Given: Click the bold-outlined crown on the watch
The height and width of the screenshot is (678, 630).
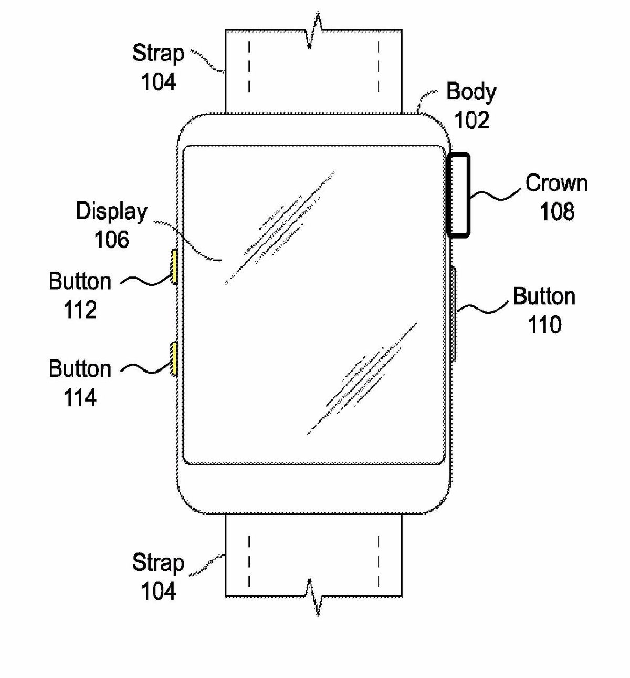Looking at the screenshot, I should (x=458, y=194).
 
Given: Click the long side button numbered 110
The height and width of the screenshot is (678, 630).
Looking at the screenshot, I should (x=453, y=314).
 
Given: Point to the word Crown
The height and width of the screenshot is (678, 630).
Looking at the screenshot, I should (x=556, y=183).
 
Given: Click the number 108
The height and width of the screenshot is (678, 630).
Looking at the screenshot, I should (x=556, y=211).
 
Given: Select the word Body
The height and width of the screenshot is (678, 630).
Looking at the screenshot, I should (x=471, y=92).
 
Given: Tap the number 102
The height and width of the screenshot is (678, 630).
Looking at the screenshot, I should (x=471, y=120).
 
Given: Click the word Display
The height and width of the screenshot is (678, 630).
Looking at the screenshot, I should (x=111, y=211).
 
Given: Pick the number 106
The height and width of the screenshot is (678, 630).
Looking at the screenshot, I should (x=111, y=240).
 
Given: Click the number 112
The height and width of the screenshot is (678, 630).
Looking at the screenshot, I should (x=80, y=310).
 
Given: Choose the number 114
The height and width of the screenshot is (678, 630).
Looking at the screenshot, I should (x=80, y=398).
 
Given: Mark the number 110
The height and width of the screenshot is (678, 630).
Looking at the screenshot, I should (x=544, y=325).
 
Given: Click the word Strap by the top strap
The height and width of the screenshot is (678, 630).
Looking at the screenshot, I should (x=157, y=54).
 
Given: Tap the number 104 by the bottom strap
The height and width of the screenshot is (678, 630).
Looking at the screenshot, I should (x=158, y=591).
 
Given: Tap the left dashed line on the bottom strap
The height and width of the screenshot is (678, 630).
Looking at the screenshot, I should (x=249, y=560).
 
